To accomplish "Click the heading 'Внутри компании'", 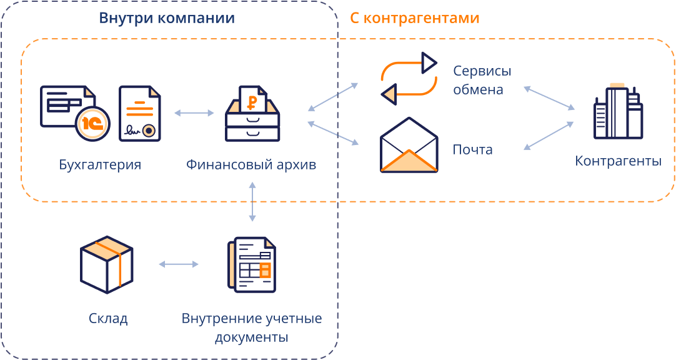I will (x=167, y=18).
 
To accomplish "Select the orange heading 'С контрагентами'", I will (x=414, y=18).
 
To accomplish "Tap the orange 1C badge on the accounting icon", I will (x=92, y=122).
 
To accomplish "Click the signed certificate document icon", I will (x=139, y=114).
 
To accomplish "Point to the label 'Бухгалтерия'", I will (x=100, y=165).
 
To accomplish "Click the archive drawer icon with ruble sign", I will (x=252, y=113).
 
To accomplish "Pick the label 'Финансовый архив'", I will (x=251, y=165).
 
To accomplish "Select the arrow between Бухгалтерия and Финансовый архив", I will (x=194, y=113).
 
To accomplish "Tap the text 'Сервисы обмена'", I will (x=478, y=80).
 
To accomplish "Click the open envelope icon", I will (x=409, y=145).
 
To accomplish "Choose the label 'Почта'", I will (x=472, y=150).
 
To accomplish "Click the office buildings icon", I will (x=617, y=112).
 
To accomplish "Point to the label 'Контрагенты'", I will (x=618, y=161).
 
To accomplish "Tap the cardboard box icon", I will (x=107, y=264).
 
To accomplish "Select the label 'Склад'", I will (x=108, y=319).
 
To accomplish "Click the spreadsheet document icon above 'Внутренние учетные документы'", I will (x=252, y=264).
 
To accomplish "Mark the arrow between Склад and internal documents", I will (x=179, y=264).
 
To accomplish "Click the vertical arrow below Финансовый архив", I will (x=252, y=202).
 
